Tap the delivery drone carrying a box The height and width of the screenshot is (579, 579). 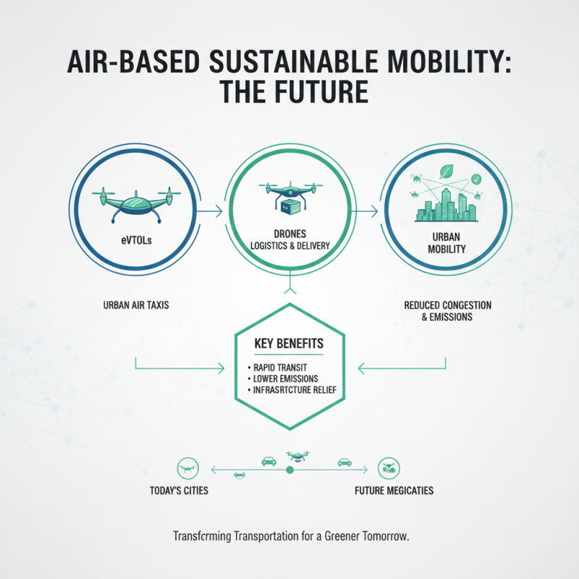pyautogui.click(x=289, y=197)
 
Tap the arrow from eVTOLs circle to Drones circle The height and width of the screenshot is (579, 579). pyautogui.click(x=210, y=212)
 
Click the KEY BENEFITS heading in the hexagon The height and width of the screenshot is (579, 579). pyautogui.click(x=289, y=343)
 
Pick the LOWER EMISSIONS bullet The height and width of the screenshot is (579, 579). pyautogui.click(x=285, y=379)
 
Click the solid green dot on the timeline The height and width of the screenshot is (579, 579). pyautogui.click(x=289, y=470)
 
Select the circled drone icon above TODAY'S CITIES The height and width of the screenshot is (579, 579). pyautogui.click(x=187, y=468)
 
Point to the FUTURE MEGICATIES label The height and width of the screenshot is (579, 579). pyautogui.click(x=394, y=491)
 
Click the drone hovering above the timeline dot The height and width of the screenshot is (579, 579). pyautogui.click(x=296, y=456)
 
